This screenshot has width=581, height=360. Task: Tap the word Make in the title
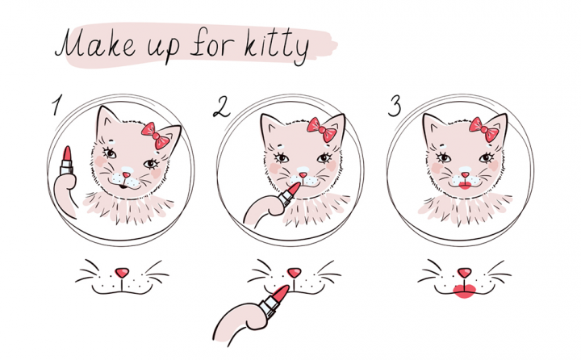pyautogui.click(x=95, y=44)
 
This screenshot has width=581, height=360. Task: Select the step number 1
pyautogui.click(x=56, y=105)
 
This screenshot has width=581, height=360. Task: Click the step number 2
pyautogui.click(x=222, y=107)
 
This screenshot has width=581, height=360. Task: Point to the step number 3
pyautogui.click(x=395, y=106)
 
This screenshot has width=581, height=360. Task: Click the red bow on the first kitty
pyautogui.click(x=156, y=136)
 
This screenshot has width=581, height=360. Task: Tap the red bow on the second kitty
pyautogui.click(x=322, y=129)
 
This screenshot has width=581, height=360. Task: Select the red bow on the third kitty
pyautogui.click(x=484, y=129)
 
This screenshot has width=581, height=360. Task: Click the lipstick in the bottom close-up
pyautogui.click(x=274, y=301)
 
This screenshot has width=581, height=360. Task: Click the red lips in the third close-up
pyautogui.click(x=465, y=291)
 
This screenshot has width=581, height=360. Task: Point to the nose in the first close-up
pyautogui.click(x=122, y=273)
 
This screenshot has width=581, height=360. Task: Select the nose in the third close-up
pyautogui.click(x=464, y=273)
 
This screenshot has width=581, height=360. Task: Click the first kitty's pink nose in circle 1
pyautogui.click(x=127, y=174)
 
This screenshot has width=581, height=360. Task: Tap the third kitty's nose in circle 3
pyautogui.click(x=465, y=174)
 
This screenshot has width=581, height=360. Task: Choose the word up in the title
pyautogui.click(x=164, y=49)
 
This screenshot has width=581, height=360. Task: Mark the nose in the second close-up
pyautogui.click(x=295, y=273)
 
